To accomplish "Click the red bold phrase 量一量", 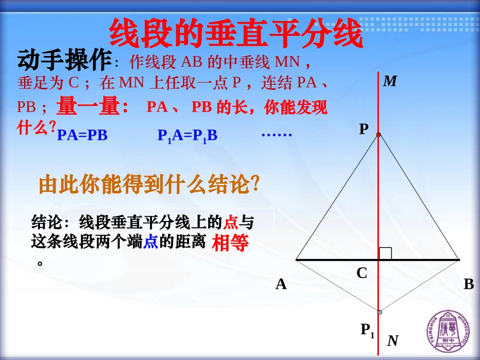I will (x=92, y=106).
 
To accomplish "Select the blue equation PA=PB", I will (x=82, y=135).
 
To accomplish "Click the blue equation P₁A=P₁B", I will (x=187, y=135).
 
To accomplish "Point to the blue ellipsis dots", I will (x=277, y=134).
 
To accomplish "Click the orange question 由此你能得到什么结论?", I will (x=150, y=185).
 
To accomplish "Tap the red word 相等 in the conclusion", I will (x=230, y=243).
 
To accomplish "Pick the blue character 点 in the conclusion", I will (x=151, y=242).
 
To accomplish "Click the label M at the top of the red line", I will (x=390, y=81).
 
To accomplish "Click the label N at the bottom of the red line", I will (x=393, y=341).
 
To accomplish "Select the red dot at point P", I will (x=378, y=134).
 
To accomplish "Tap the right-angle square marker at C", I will (x=386, y=253).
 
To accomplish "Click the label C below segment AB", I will (x=362, y=273).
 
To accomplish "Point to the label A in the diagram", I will (x=281, y=285).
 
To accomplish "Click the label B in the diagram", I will (x=469, y=284).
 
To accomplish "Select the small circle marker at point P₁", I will (x=379, y=312).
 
